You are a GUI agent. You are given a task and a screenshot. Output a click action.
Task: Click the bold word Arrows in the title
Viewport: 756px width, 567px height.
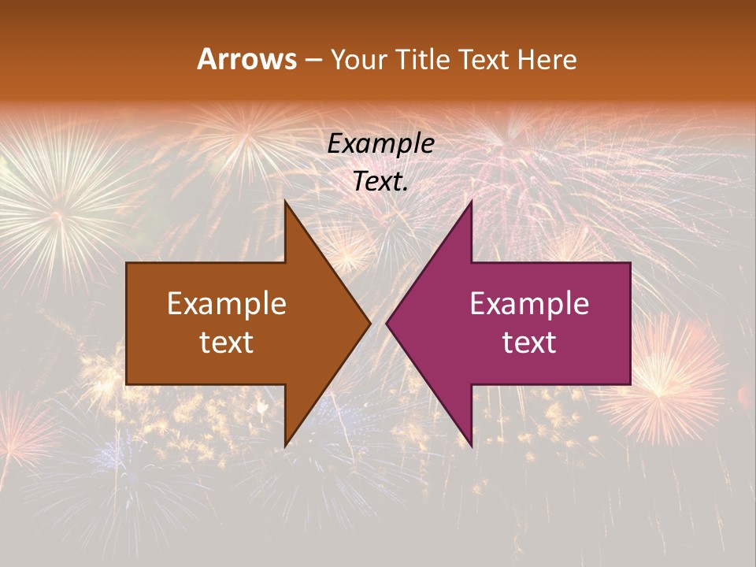[247, 59]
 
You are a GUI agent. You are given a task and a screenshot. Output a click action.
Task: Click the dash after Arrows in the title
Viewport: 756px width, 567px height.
[312, 60]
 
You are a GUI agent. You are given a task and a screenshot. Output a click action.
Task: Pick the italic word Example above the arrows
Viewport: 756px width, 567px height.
[380, 144]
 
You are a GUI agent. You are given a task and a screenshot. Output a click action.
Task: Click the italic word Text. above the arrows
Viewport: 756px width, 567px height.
[380, 182]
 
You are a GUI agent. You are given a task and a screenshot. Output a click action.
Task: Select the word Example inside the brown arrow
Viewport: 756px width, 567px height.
[227, 304]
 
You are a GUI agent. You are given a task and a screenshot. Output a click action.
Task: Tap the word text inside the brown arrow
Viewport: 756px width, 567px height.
[227, 342]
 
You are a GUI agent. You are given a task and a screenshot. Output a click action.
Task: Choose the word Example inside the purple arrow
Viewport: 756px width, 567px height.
[529, 304]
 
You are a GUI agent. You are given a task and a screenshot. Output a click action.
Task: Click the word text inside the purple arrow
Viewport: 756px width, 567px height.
[529, 342]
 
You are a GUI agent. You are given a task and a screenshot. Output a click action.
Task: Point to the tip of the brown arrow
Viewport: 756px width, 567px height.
[369, 323]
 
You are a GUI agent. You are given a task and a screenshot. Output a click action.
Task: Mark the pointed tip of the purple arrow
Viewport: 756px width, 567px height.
[387, 323]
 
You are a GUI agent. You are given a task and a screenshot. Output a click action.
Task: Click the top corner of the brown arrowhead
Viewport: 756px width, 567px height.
[285, 202]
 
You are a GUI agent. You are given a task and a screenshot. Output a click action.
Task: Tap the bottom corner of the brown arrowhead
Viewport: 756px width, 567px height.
[285, 445]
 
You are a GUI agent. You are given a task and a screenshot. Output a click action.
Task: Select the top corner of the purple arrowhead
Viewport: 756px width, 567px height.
[471, 202]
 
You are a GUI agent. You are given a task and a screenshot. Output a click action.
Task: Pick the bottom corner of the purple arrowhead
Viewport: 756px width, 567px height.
[471, 445]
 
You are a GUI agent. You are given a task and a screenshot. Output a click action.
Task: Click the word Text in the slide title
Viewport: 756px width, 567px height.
[483, 59]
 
